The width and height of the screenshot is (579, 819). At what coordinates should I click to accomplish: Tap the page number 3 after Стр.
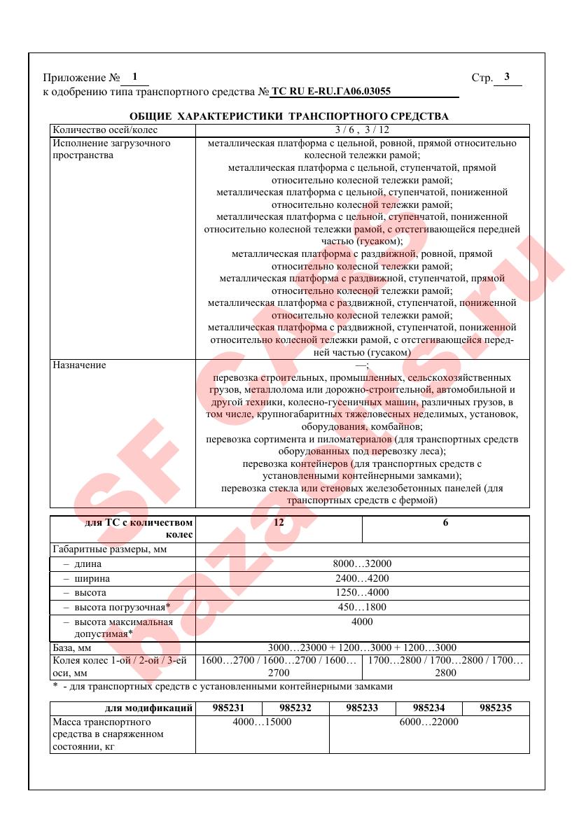[x=507, y=78]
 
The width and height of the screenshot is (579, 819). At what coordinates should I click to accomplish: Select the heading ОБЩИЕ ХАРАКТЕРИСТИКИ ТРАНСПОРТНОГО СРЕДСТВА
[x=289, y=116]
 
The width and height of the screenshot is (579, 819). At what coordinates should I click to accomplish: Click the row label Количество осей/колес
[x=106, y=129]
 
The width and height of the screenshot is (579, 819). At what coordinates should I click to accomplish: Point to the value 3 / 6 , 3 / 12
[x=362, y=129]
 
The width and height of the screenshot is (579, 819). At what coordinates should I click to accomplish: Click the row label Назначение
[x=80, y=365]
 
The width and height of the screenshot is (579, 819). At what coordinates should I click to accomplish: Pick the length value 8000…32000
[x=362, y=563]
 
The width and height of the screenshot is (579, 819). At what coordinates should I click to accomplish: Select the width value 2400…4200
[x=362, y=579]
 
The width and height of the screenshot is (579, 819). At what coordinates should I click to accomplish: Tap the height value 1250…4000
[x=362, y=593]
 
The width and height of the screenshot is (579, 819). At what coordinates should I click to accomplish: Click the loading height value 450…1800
[x=362, y=607]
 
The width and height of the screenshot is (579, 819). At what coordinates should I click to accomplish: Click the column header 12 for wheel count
[x=279, y=523]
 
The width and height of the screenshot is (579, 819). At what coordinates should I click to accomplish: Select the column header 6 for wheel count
[x=445, y=523]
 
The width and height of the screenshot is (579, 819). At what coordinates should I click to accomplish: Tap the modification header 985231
[x=229, y=708]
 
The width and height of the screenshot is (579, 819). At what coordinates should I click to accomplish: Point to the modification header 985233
[x=362, y=708]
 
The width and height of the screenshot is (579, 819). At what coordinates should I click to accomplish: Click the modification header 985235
[x=496, y=708]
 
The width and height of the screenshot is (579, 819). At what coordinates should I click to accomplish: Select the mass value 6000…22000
[x=428, y=722]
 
